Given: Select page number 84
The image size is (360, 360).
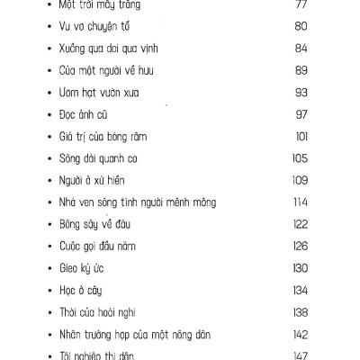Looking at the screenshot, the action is click(301, 48).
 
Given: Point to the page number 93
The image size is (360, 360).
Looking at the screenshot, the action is click(301, 92).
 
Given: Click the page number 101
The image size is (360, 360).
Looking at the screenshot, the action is click(301, 136).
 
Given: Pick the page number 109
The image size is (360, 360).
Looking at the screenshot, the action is click(300, 180).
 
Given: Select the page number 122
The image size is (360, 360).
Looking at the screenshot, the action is click(300, 224).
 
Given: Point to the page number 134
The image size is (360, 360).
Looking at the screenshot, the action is click(300, 290).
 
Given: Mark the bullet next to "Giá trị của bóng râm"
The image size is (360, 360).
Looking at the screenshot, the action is click(33, 137).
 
